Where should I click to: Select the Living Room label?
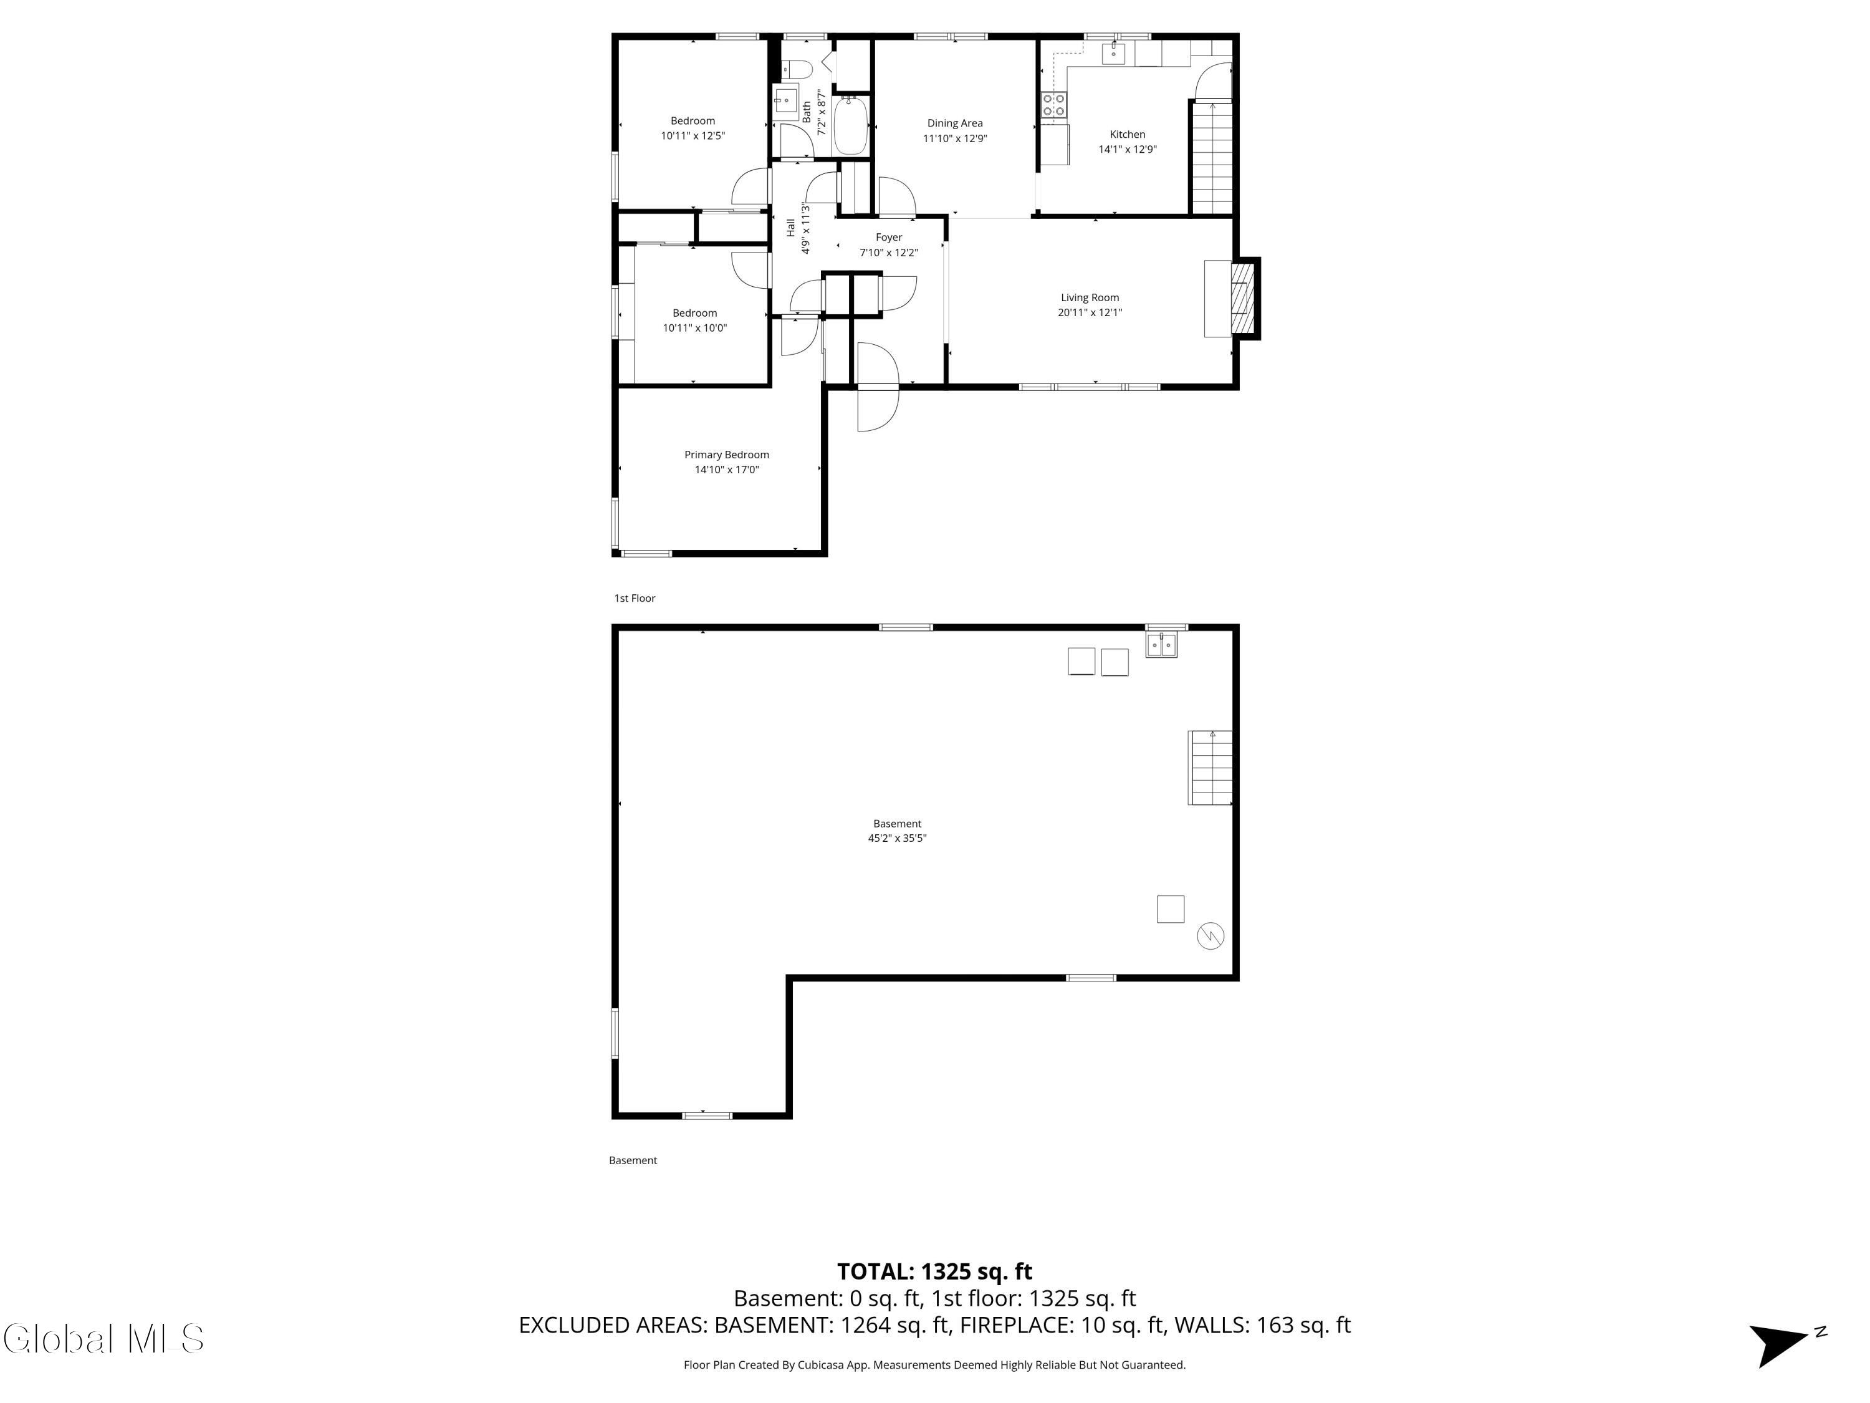tap(1090, 297)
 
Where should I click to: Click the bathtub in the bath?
tap(850, 127)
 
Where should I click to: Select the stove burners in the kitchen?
tap(1053, 105)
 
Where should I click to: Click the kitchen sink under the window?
tap(1113, 53)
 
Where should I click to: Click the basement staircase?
tap(1210, 768)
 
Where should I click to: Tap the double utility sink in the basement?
tap(1161, 645)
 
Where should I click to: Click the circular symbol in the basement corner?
tap(1210, 936)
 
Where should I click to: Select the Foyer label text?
tap(888, 238)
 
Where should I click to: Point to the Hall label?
tap(790, 226)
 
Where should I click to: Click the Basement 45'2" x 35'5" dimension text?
tap(897, 838)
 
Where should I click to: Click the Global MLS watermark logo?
tap(103, 1339)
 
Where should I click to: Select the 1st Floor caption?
tap(634, 598)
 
